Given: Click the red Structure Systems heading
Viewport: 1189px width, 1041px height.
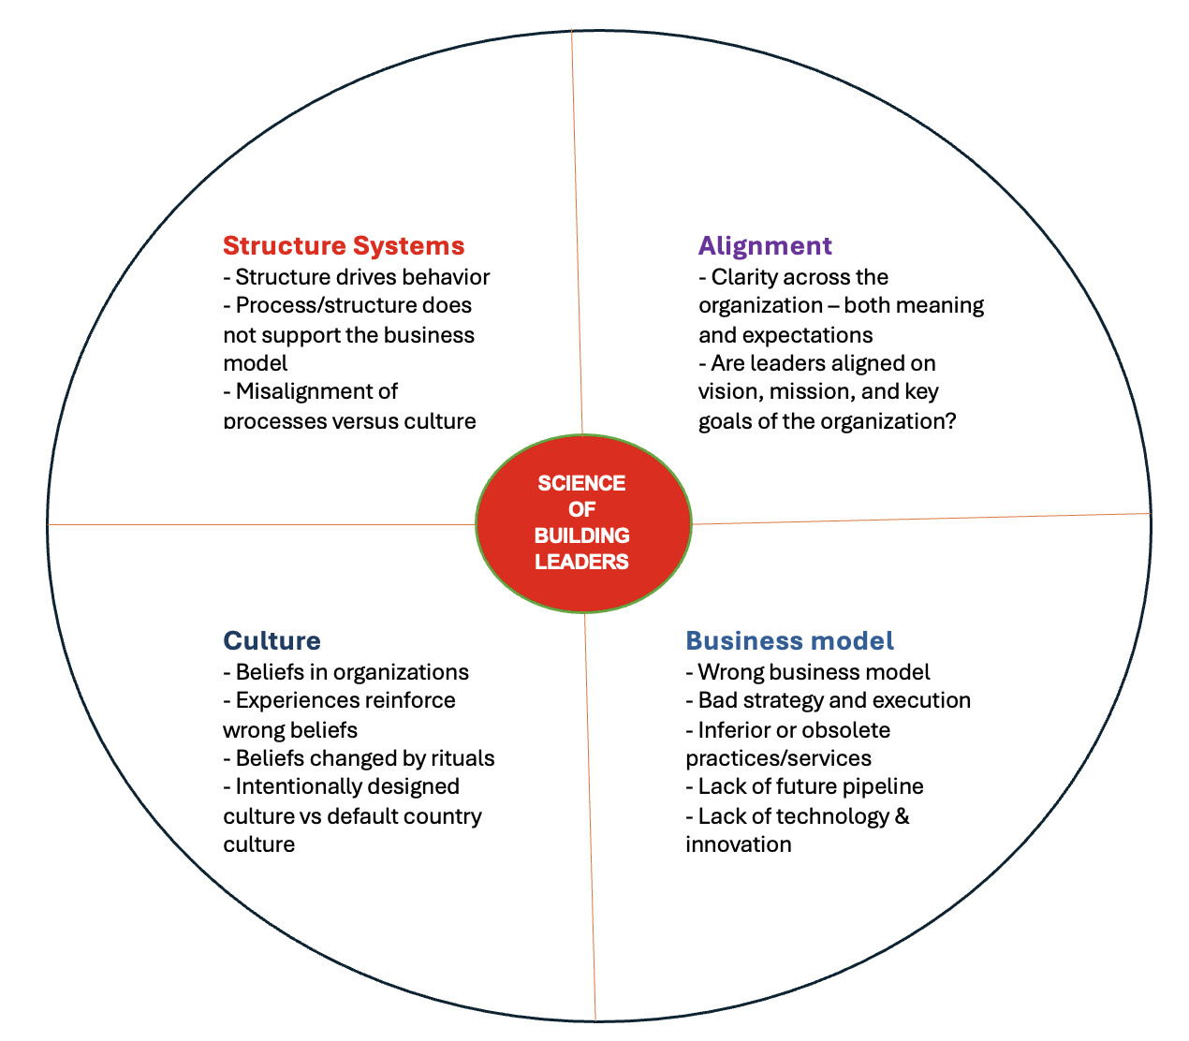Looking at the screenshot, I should click(x=344, y=246).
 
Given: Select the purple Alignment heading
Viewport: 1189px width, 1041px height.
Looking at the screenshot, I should click(x=765, y=246).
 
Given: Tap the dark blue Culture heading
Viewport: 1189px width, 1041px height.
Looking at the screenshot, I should click(x=272, y=641).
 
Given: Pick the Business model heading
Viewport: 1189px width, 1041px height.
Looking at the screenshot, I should click(x=789, y=641).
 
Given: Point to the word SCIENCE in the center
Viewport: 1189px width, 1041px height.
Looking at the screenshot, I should click(x=581, y=483).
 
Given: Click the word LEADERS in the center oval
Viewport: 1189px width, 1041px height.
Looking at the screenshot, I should click(x=581, y=562).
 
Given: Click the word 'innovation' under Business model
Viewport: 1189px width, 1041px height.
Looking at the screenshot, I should click(x=738, y=844).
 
